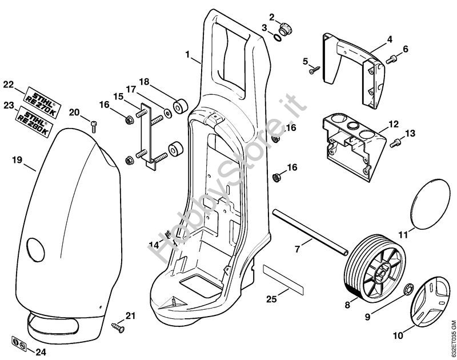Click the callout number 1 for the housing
(188, 55)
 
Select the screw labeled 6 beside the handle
(392, 58)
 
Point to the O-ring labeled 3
(276, 38)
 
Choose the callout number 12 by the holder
(393, 124)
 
